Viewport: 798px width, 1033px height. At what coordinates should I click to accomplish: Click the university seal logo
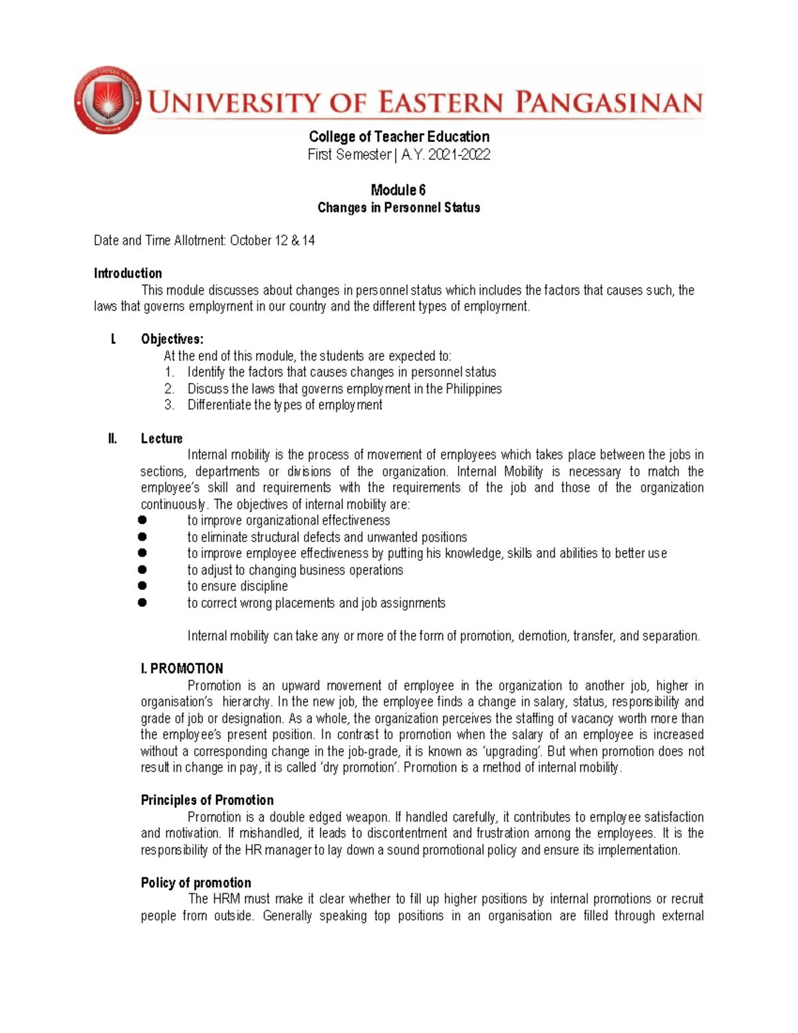tap(107, 100)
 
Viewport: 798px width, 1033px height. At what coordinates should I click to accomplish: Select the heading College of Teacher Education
tap(399, 137)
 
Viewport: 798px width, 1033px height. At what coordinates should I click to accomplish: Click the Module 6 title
tap(398, 190)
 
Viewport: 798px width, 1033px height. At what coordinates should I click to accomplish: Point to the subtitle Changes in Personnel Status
tap(398, 208)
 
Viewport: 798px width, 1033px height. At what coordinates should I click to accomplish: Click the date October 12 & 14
tap(272, 241)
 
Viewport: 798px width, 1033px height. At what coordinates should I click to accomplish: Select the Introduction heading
tap(128, 273)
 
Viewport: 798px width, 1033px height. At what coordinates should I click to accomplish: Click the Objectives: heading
tap(172, 339)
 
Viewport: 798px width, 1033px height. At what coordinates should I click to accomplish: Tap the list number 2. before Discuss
tap(170, 389)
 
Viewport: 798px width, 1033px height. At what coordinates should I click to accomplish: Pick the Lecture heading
tap(162, 438)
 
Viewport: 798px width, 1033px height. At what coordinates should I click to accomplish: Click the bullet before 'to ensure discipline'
tap(142, 586)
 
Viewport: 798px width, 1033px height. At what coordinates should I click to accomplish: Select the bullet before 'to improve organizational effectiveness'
tap(142, 520)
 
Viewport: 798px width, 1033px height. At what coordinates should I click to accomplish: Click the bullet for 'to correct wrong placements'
tap(142, 603)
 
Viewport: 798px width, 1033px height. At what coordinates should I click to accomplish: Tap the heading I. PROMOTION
tap(182, 668)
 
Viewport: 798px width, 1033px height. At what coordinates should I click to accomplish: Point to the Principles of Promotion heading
tap(207, 800)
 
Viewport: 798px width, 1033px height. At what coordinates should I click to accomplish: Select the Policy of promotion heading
tap(196, 883)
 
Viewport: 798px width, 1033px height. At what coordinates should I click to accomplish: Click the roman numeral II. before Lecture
tap(112, 438)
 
